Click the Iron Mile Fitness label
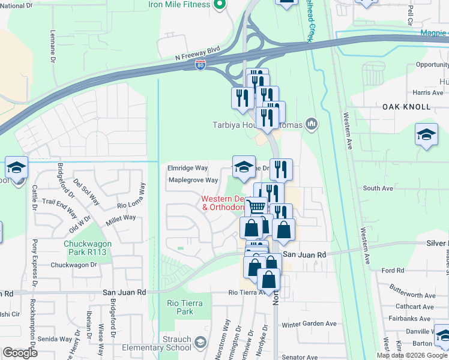180,5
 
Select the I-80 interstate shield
201,65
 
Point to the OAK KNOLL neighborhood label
406,107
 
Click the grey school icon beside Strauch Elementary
200,342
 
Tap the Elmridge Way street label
188,169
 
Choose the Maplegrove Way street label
193,180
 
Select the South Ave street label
378,188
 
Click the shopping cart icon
257,206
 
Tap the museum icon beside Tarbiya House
311,125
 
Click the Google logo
20,353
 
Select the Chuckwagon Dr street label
74,265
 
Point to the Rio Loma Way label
131,197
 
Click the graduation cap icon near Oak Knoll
426,134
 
